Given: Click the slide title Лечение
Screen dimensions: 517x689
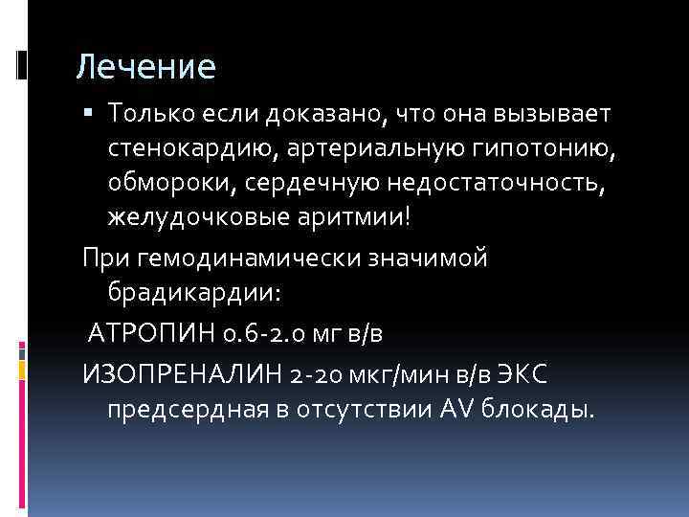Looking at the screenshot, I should pos(146,68).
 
